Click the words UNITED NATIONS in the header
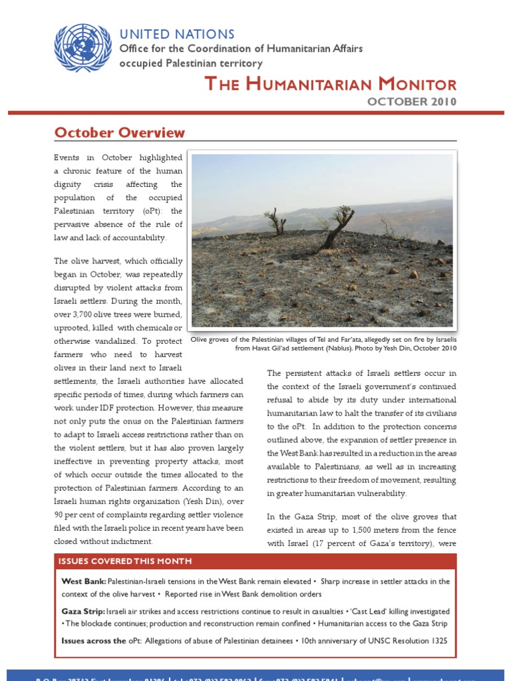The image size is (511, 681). click(176, 34)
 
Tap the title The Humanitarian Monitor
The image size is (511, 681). click(330, 84)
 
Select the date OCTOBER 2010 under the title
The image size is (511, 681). click(412, 101)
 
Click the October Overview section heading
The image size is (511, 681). click(120, 132)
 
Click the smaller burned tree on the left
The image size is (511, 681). click(274, 221)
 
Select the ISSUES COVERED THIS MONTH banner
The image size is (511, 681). click(126, 561)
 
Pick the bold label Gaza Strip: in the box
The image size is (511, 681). click(83, 611)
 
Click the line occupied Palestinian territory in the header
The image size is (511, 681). click(190, 63)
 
